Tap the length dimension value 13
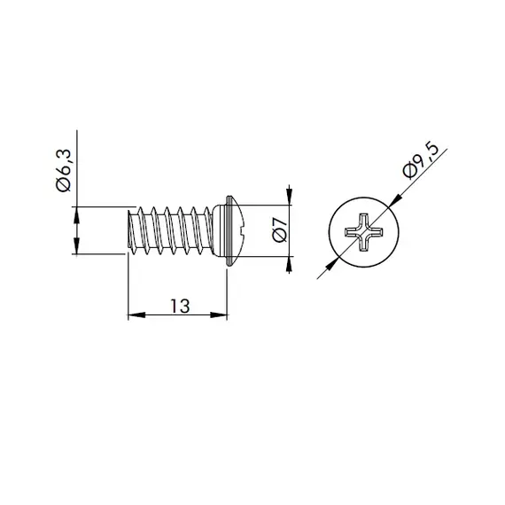click(x=179, y=306)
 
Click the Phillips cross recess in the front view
click(x=365, y=235)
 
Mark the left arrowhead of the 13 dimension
click(x=135, y=314)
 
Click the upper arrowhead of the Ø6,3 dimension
click(x=77, y=214)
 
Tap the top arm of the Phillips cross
click(x=365, y=221)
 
